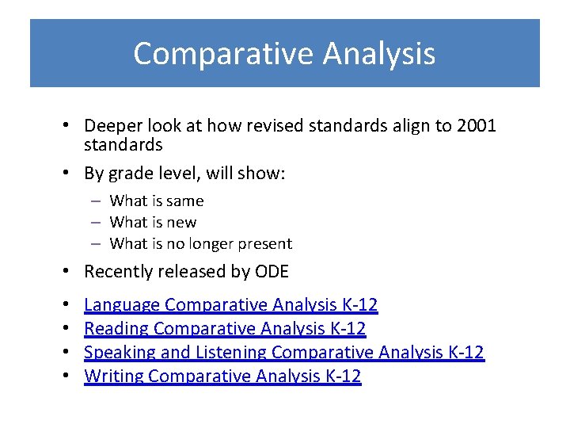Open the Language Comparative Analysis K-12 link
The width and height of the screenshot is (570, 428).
click(230, 304)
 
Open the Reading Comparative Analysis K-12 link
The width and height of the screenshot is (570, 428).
click(225, 328)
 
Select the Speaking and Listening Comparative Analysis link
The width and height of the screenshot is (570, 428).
click(283, 352)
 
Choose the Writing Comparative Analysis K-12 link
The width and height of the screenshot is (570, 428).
click(222, 376)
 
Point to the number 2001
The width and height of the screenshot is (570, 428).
click(477, 126)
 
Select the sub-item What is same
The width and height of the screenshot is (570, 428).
click(156, 201)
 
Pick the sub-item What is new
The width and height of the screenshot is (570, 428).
click(153, 223)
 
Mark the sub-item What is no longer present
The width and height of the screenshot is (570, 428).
click(200, 244)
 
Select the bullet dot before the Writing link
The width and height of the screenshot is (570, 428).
click(70, 376)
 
